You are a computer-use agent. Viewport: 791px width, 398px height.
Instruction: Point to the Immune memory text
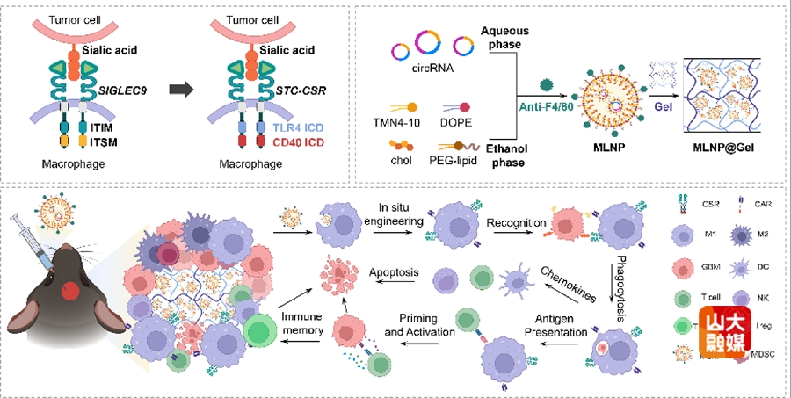click(x=303, y=322)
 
